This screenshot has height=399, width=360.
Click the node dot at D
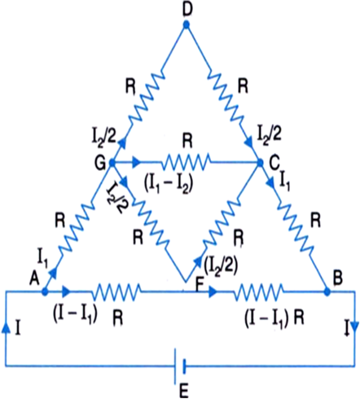point(187,25)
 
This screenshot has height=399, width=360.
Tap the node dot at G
point(112,163)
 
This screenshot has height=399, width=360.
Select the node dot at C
point(260,163)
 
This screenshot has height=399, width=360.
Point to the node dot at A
point(45,292)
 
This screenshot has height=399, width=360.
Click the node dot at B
point(327,292)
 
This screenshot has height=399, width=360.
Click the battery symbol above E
point(180,366)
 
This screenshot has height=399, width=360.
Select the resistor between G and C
point(186,163)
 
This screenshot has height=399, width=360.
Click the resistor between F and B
point(260,292)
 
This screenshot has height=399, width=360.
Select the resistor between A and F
point(116,292)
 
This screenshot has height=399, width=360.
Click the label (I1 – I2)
point(169,184)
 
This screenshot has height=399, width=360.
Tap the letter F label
point(200,286)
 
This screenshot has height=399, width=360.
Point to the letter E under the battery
point(184,392)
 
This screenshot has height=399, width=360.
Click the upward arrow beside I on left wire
point(6,328)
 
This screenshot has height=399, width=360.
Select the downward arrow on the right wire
point(354,327)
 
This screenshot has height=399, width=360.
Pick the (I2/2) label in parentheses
point(220,265)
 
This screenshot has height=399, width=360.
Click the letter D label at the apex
point(187,9)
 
